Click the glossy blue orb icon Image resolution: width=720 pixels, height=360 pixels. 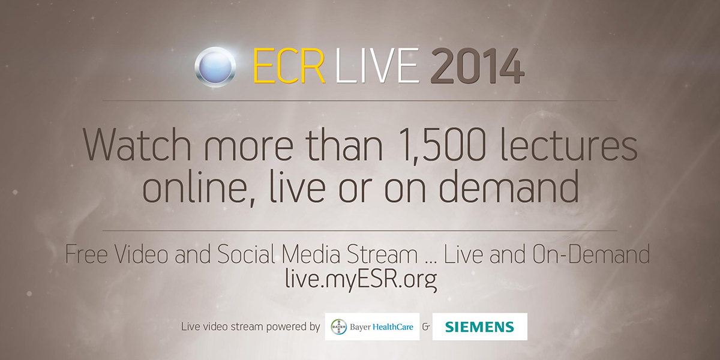pyautogui.click(x=215, y=67)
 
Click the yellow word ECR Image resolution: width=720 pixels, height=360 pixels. pyautogui.click(x=289, y=66)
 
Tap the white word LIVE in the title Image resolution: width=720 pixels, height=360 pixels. pyautogui.click(x=377, y=66)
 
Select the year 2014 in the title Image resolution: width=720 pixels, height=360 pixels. pyautogui.click(x=478, y=66)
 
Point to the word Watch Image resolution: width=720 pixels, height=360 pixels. pyautogui.click(x=137, y=144)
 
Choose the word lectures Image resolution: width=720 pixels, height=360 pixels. pyautogui.click(x=569, y=144)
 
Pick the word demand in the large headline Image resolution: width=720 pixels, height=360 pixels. pyautogui.click(x=509, y=187)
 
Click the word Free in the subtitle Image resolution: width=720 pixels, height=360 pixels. pyautogui.click(x=86, y=254)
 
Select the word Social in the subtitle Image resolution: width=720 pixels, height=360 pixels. pyautogui.click(x=246, y=254)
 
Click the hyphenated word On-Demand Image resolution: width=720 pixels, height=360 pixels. pyautogui.click(x=591, y=254)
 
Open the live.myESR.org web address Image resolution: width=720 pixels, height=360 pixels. pyautogui.click(x=361, y=280)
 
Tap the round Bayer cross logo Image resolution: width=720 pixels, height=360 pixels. pyautogui.click(x=339, y=327)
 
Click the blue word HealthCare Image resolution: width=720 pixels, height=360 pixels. pyautogui.click(x=393, y=327)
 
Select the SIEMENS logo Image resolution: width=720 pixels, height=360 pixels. pyautogui.click(x=479, y=326)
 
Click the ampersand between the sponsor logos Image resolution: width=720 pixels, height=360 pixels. pyautogui.click(x=426, y=327)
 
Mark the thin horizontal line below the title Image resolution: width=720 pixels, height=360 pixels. pyautogui.click(x=359, y=101)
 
